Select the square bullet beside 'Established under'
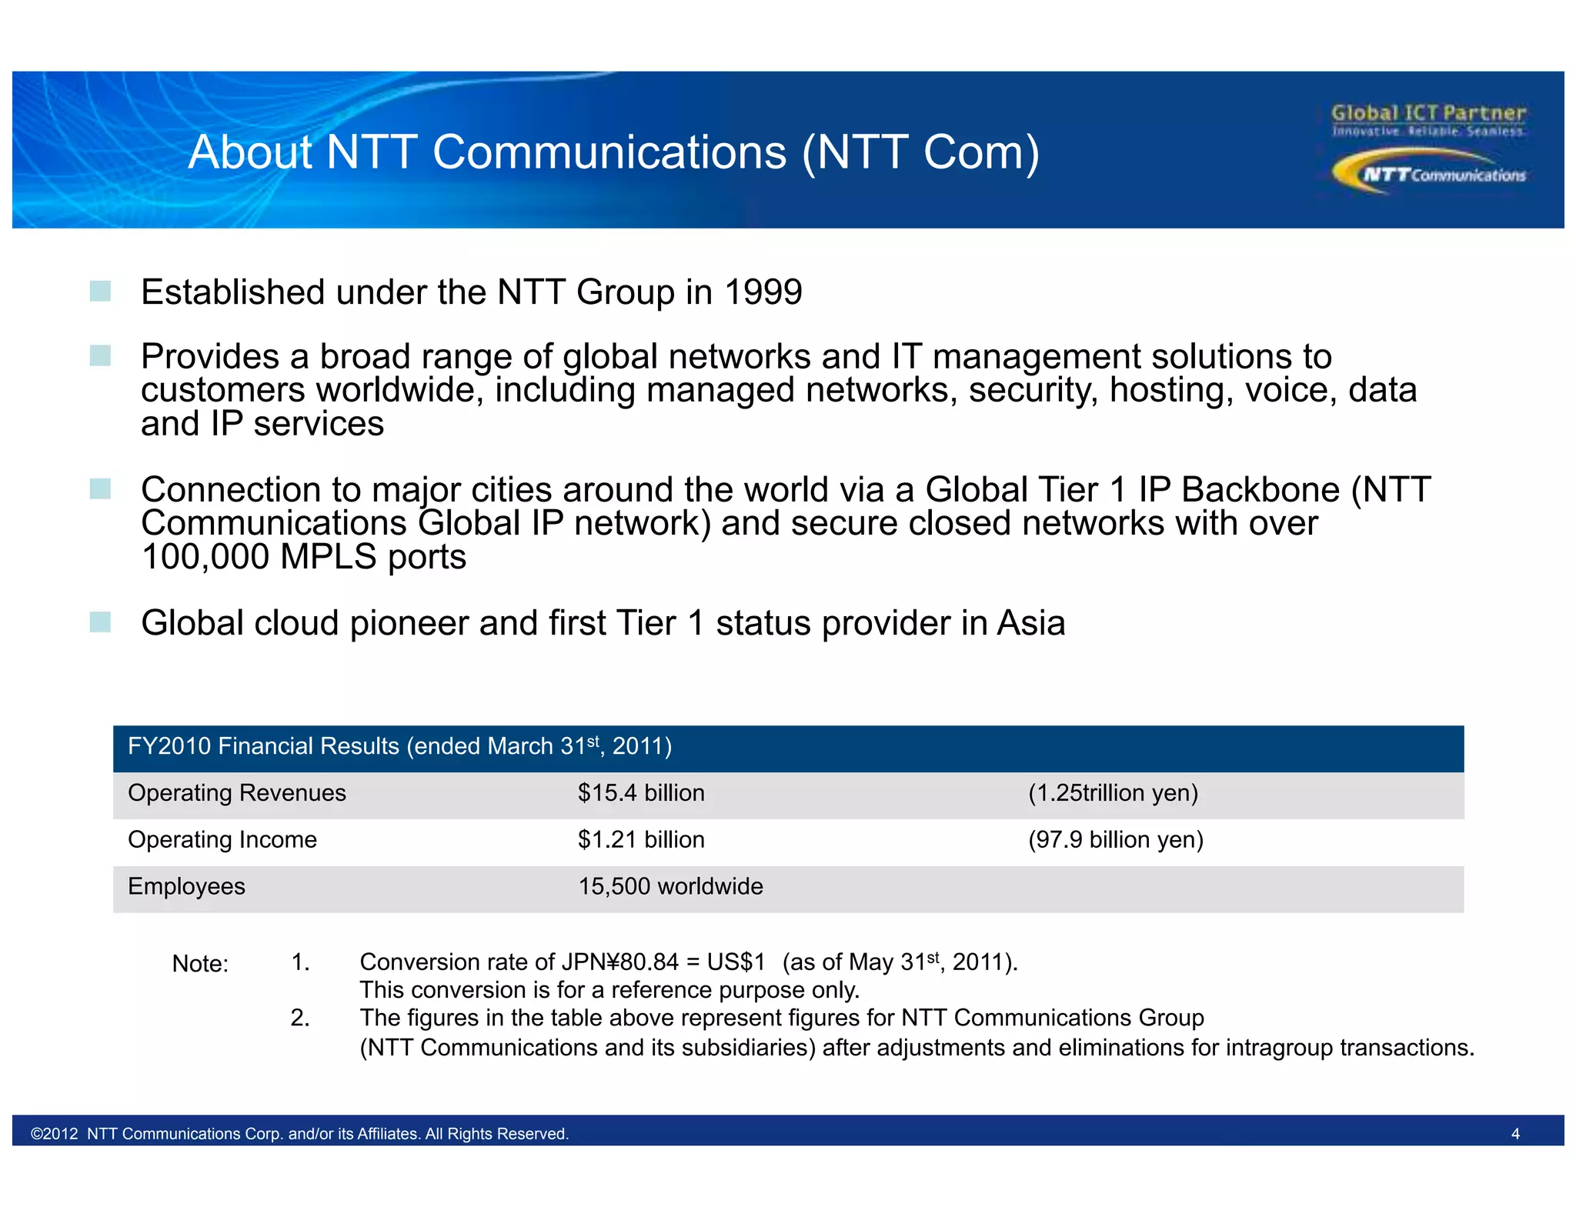point(100,292)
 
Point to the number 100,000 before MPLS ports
point(205,557)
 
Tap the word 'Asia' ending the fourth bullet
point(1031,623)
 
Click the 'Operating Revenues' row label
point(237,793)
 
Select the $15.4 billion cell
point(641,793)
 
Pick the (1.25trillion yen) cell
point(1113,793)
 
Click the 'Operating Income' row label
point(222,840)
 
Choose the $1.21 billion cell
point(641,840)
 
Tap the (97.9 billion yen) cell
point(1116,840)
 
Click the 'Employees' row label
point(186,887)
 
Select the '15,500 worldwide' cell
point(670,887)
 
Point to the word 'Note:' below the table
point(200,964)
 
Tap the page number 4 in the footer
point(1515,1134)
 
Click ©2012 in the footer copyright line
point(55,1134)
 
